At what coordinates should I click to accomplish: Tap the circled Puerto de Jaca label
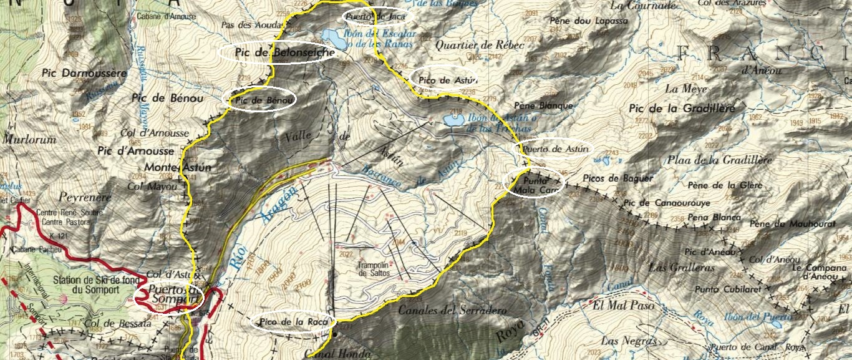click(x=373, y=16)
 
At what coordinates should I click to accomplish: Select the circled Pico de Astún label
click(x=444, y=79)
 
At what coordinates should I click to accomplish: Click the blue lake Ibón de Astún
click(x=452, y=120)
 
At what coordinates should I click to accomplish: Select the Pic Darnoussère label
click(x=84, y=73)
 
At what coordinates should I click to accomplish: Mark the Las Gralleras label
click(x=681, y=267)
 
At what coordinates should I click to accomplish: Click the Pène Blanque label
click(x=543, y=105)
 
